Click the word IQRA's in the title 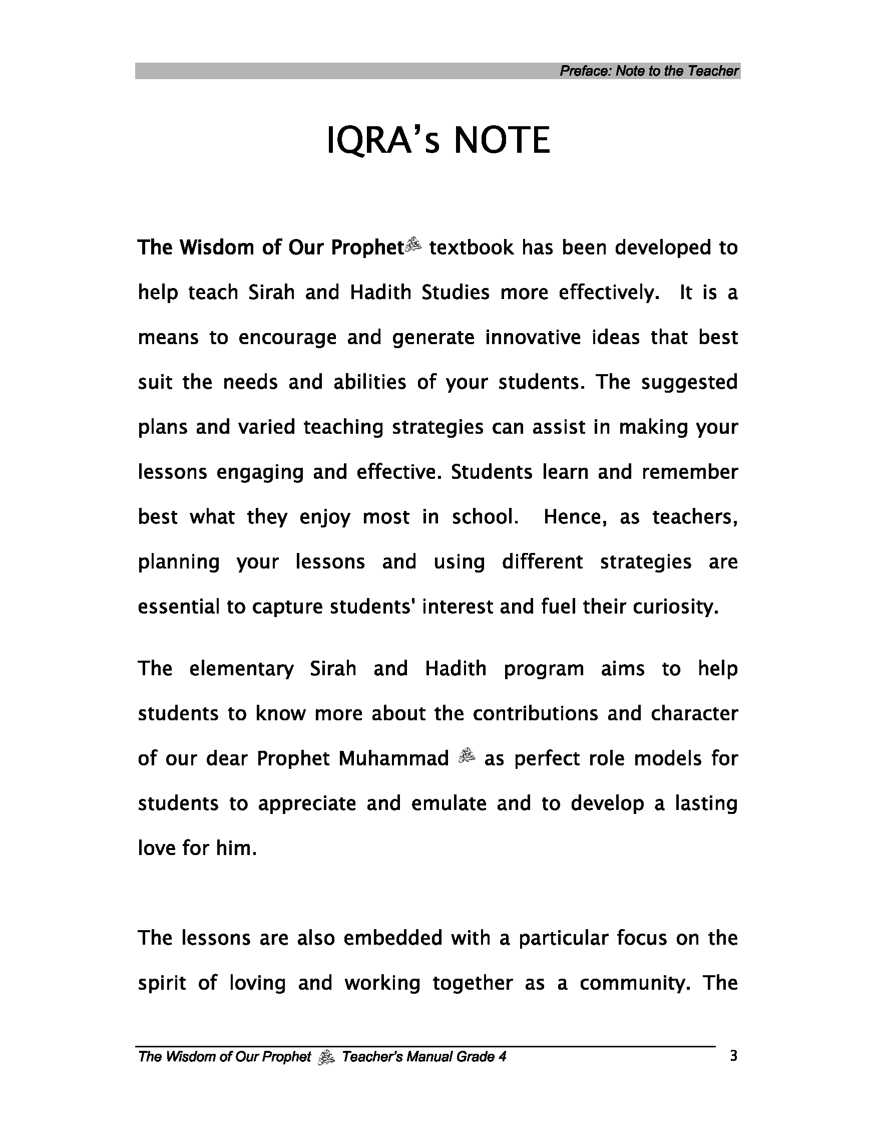click(383, 140)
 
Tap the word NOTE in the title click(502, 140)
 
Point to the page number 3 click(733, 1056)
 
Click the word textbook click(471, 248)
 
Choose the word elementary click(241, 669)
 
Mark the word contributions click(535, 714)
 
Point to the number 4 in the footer click(502, 1057)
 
